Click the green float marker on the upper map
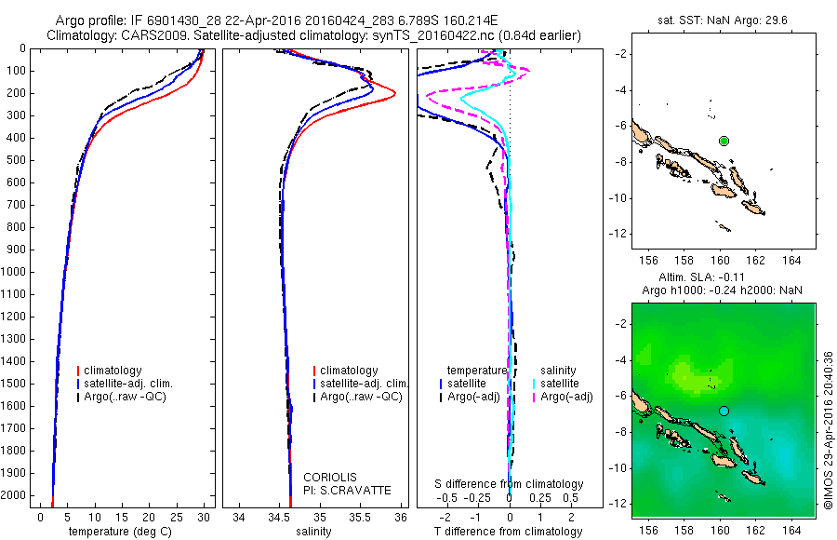(724, 141)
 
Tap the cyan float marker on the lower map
(724, 411)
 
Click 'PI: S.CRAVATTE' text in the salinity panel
(347, 490)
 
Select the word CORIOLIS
(330, 478)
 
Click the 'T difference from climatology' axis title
(508, 532)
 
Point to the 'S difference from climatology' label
(510, 484)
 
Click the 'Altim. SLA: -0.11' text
(716, 277)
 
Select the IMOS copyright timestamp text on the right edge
(828, 428)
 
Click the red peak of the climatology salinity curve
(394, 93)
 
